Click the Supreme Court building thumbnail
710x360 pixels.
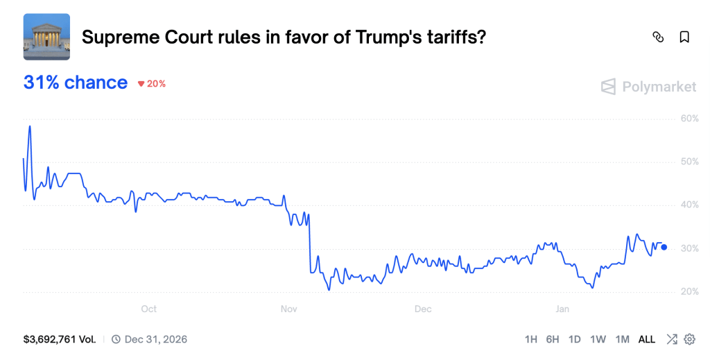coord(46,36)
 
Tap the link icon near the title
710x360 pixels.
coord(658,37)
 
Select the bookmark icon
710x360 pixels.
coord(684,37)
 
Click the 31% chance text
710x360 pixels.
coord(76,83)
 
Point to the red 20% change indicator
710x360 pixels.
coord(152,84)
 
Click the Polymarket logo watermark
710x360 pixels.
coord(648,87)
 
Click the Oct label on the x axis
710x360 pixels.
coord(148,309)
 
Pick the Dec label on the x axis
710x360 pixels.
coord(422,309)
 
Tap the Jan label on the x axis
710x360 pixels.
coord(562,309)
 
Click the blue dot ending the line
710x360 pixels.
coord(664,247)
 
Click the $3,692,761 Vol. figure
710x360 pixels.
coord(60,340)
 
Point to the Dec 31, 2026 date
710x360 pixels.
coord(155,340)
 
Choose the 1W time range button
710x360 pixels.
coord(598,340)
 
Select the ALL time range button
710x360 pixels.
coord(646,340)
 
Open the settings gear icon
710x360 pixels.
coord(689,339)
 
